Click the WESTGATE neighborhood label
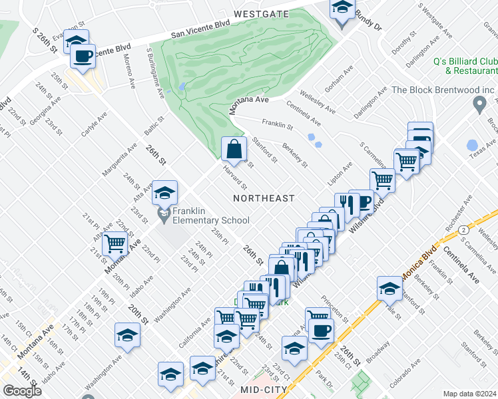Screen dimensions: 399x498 (261, 13)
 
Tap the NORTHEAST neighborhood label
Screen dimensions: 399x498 (264, 198)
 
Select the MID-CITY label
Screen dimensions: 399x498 (264, 389)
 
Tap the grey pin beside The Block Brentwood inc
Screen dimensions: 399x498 (478, 104)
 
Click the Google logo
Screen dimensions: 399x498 (22, 391)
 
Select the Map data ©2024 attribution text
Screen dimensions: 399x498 (470, 394)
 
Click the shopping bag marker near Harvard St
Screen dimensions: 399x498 (234, 149)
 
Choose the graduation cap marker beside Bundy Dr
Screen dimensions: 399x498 (342, 9)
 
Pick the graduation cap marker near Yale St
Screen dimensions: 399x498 (389, 289)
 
